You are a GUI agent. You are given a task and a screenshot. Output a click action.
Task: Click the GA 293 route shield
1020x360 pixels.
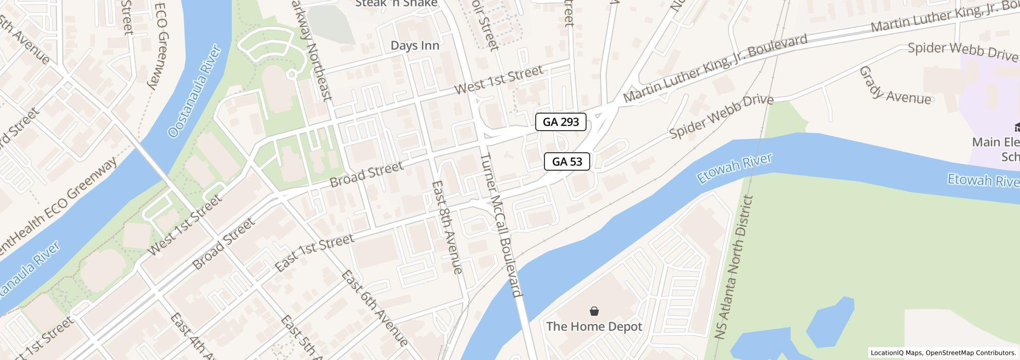tap(560, 122)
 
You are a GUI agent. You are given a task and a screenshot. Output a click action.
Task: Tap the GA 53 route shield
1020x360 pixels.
tap(567, 161)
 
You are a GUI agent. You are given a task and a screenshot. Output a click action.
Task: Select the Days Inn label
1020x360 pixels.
tap(415, 45)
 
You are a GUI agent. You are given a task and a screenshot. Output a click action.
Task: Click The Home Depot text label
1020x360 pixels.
tap(594, 326)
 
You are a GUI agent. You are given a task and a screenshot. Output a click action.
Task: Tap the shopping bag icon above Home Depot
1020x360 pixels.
tap(594, 311)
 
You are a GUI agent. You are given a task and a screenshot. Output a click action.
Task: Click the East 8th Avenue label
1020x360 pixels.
tap(447, 226)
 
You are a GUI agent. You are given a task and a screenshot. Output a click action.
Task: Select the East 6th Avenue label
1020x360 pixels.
tap(374, 308)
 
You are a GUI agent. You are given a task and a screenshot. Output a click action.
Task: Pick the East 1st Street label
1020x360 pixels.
tap(314, 253)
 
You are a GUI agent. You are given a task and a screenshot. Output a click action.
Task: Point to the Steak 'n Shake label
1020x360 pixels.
tap(396, 4)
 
